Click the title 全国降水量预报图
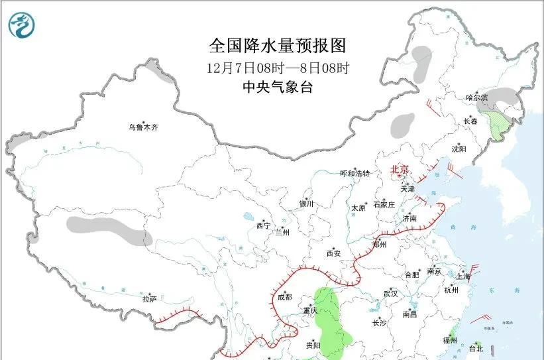click(x=278, y=46)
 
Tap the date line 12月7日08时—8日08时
click(x=278, y=68)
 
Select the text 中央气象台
click(x=278, y=87)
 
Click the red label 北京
click(x=400, y=170)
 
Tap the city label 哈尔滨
click(x=476, y=97)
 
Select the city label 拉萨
click(x=149, y=298)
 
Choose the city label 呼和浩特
click(x=354, y=173)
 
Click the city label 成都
click(x=284, y=297)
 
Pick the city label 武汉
click(x=390, y=292)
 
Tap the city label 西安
click(x=333, y=253)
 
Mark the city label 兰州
click(x=283, y=232)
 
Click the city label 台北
click(x=476, y=348)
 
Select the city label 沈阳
click(x=459, y=149)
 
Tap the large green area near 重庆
click(x=331, y=318)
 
